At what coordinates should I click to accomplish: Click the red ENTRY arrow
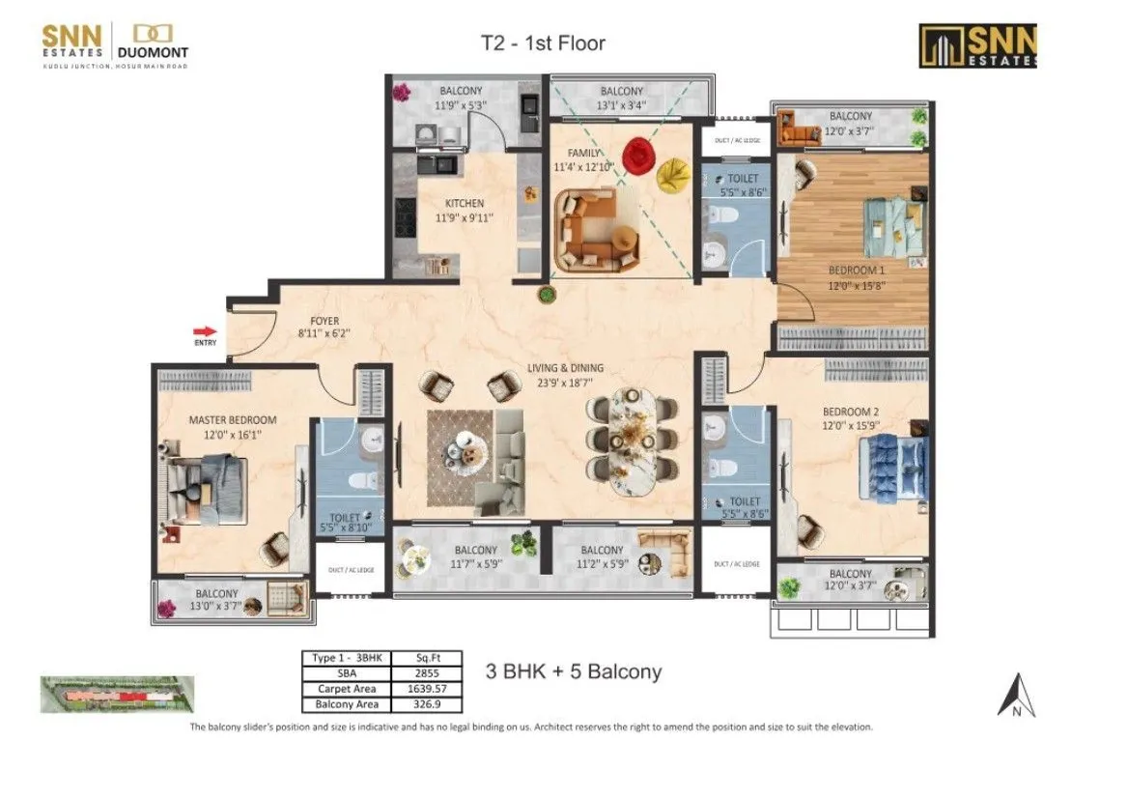pyautogui.click(x=205, y=330)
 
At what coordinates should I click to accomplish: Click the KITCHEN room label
pyautogui.click(x=464, y=204)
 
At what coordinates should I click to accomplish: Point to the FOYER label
pyautogui.click(x=324, y=321)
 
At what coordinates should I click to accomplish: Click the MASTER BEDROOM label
pyautogui.click(x=232, y=420)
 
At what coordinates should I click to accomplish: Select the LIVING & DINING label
pyautogui.click(x=565, y=368)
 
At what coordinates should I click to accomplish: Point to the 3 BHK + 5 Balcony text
pyautogui.click(x=574, y=671)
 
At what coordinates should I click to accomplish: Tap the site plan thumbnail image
pyautogui.click(x=117, y=694)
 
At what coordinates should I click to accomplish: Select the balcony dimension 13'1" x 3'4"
pyautogui.click(x=622, y=105)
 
